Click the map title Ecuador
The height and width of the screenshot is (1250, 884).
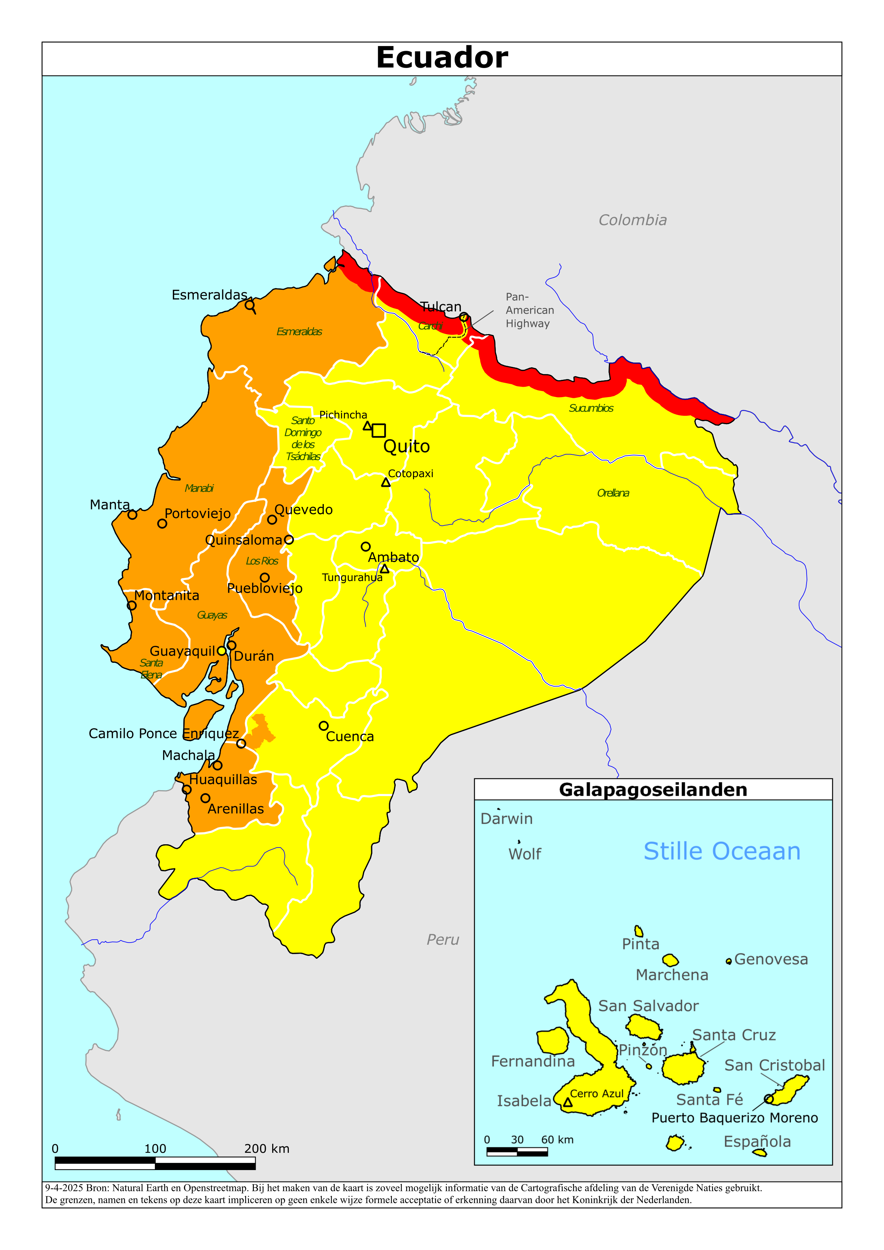(442, 58)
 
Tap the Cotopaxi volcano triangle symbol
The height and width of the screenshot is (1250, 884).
(386, 482)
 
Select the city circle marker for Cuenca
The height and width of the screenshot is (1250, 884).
(324, 726)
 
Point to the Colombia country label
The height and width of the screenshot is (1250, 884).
(632, 220)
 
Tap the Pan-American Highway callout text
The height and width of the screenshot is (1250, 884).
(529, 310)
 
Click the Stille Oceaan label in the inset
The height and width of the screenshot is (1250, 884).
(722, 851)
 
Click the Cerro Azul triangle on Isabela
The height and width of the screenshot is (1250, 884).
(567, 1103)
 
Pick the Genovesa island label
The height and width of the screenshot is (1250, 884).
(771, 959)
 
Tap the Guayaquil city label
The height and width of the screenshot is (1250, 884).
(183, 651)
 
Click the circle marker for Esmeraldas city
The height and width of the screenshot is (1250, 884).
(250, 305)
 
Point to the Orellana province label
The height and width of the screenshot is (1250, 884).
(613, 493)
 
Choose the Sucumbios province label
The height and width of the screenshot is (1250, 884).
(591, 408)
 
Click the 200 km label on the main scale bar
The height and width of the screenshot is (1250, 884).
(266, 1149)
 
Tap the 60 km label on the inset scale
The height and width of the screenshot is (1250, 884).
(557, 1140)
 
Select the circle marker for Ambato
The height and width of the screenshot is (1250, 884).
(365, 547)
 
